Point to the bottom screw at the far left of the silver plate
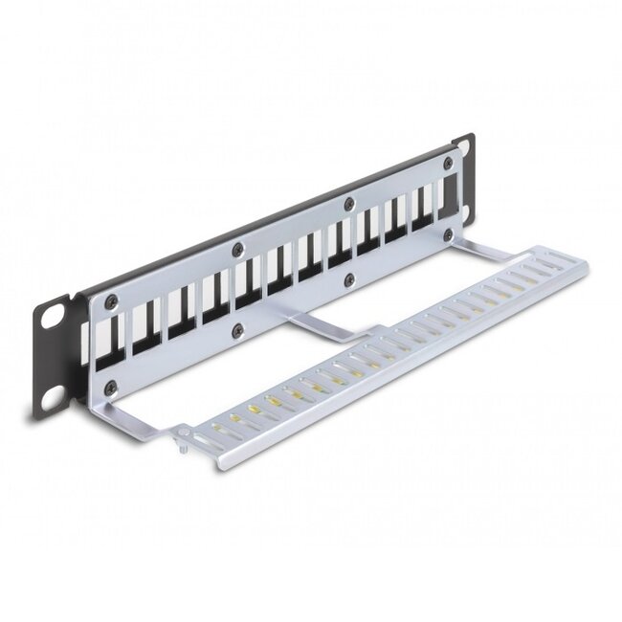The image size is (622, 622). (111, 388)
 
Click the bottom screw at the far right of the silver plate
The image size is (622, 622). (447, 234)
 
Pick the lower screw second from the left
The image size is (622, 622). (237, 331)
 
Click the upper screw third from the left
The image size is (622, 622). (349, 203)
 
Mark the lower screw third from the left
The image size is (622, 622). (348, 279)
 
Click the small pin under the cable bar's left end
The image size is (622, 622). (182, 443)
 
